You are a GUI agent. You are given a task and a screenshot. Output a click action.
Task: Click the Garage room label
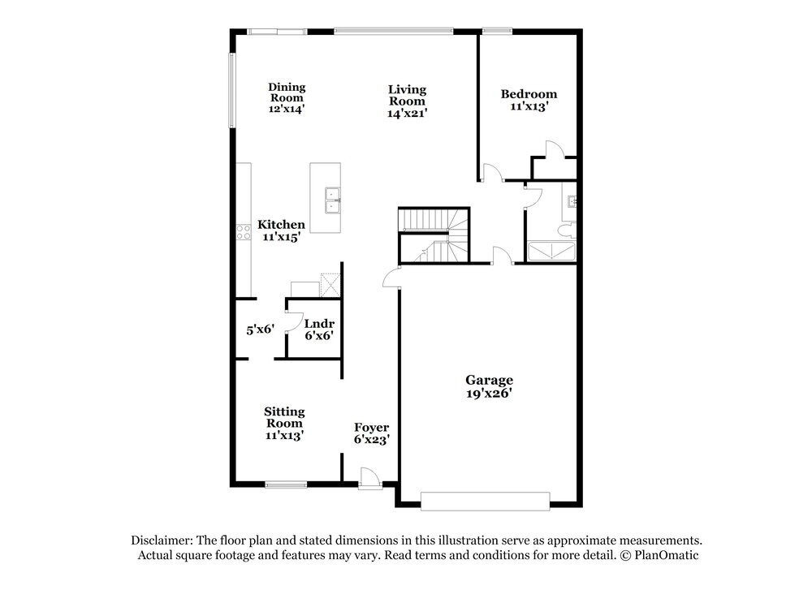pos(489,386)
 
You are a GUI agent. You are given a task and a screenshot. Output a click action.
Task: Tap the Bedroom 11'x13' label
pos(529,100)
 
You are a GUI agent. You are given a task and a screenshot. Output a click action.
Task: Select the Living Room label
pos(407,101)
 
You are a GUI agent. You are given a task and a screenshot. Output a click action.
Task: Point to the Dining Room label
pos(287,97)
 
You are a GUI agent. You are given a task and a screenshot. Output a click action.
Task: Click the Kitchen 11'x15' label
pos(281,230)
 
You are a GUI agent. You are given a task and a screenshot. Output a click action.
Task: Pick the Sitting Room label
pos(284,423)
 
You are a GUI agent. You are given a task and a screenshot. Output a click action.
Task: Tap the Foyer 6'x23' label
pos(372,433)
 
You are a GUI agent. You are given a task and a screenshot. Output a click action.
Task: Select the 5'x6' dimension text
pos(261,329)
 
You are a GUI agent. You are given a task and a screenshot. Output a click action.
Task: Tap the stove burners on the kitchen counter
pos(243,234)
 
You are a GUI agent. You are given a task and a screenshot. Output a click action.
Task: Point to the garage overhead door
pos(485,501)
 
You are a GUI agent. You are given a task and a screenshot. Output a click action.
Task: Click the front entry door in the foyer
pos(369,479)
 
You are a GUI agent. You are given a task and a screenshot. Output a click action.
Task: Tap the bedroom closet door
pos(553,151)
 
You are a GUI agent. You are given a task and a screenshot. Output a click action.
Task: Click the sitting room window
pos(285,485)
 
